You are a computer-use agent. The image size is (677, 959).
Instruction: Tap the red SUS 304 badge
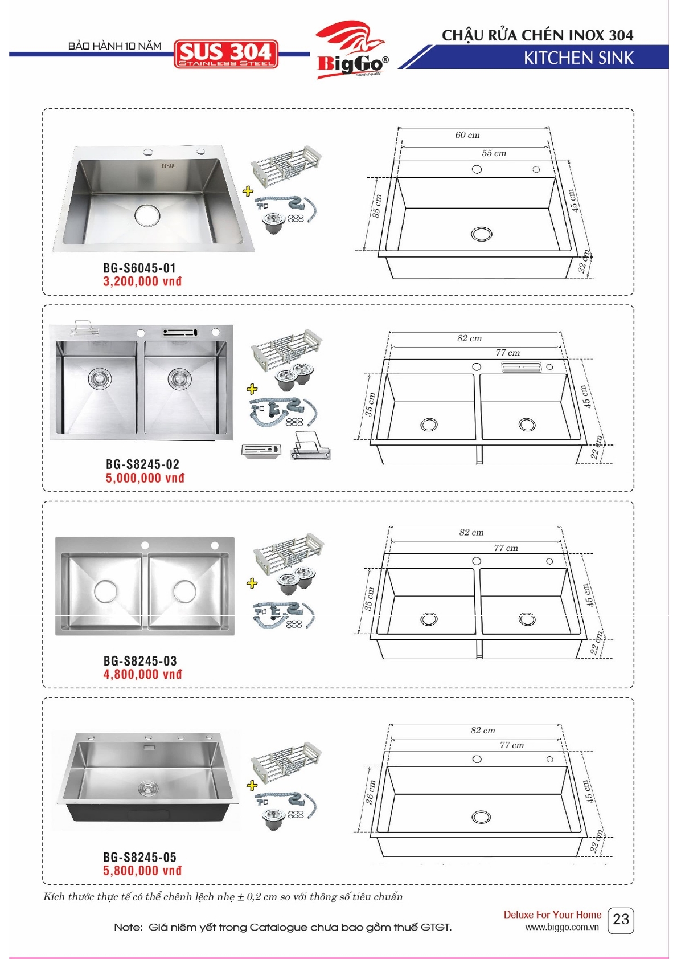click(226, 54)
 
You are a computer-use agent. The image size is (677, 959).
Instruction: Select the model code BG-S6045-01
click(139, 268)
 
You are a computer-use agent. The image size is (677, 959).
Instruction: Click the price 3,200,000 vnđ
click(142, 281)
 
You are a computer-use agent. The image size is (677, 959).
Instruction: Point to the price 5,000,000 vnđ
click(145, 478)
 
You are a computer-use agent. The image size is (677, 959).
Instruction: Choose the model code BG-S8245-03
click(140, 660)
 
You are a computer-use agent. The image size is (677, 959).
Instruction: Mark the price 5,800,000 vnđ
click(142, 870)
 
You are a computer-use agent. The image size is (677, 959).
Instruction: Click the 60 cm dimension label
click(467, 135)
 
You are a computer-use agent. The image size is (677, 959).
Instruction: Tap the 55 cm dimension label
click(494, 153)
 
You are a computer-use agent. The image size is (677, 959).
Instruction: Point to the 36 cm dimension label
click(370, 793)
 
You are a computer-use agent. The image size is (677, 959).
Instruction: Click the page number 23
click(621, 919)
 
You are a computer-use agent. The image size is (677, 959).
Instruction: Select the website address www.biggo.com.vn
click(561, 927)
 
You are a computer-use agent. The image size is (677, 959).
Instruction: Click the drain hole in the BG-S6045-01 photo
click(147, 214)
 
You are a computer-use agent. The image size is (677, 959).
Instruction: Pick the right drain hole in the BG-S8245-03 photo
click(184, 591)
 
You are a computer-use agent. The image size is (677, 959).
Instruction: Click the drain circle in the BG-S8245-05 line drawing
click(481, 817)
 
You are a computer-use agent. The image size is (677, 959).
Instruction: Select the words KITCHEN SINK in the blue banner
click(578, 58)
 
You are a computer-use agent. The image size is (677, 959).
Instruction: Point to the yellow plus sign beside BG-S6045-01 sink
click(248, 191)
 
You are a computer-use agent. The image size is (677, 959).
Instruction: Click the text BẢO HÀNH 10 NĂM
click(114, 46)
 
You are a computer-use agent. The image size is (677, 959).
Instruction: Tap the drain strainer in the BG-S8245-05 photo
click(147, 787)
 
